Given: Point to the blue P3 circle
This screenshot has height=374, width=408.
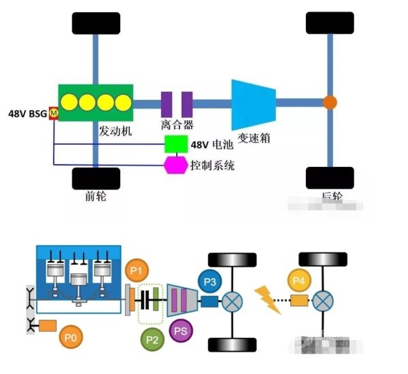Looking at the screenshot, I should (x=210, y=280).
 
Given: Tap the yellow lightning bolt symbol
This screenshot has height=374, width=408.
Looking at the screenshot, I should (x=267, y=299).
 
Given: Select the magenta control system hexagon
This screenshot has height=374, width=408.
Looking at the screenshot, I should (x=176, y=164).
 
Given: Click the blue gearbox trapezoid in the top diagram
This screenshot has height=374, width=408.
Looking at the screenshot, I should (x=253, y=104).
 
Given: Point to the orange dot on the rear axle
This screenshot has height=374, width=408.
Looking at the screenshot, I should (x=330, y=103).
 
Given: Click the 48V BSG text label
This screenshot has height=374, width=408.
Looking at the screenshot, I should (x=27, y=114).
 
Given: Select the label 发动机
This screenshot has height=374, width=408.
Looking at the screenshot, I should (x=115, y=130).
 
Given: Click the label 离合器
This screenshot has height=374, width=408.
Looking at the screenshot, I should (x=177, y=125).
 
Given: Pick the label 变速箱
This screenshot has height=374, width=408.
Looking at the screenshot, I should (x=254, y=137).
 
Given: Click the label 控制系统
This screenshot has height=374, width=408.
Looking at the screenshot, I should (x=212, y=165).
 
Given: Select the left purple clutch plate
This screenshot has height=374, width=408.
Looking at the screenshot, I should (x=166, y=104).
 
